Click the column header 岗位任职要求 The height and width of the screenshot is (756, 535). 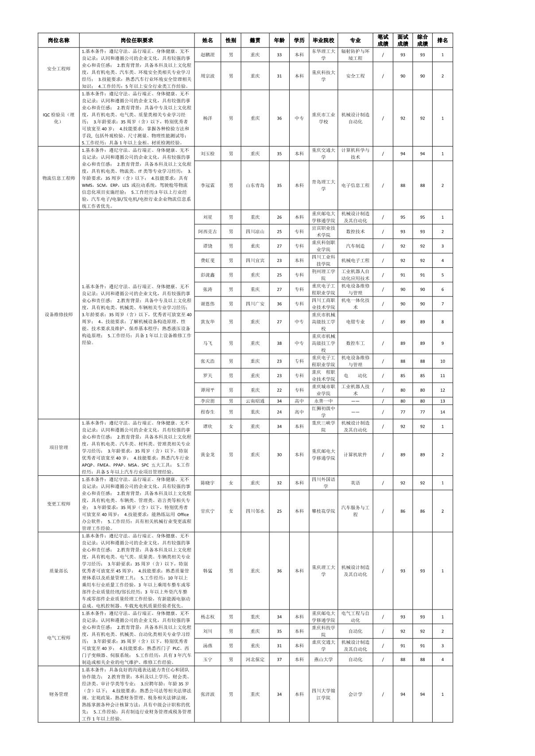[137, 40]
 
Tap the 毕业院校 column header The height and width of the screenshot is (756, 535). [323, 40]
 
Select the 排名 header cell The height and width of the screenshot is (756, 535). [442, 40]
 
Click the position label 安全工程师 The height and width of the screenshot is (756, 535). [58, 69]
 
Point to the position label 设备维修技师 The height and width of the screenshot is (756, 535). [58, 315]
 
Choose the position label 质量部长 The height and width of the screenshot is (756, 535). [58, 571]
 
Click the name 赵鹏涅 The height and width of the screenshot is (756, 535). [207, 55]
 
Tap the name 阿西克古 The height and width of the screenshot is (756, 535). [207, 231]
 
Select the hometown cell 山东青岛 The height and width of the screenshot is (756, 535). [255, 185]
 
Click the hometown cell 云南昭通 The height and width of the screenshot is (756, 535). [255, 401]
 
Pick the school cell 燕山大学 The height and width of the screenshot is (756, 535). [323, 660]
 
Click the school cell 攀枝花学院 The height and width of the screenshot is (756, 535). [323, 511]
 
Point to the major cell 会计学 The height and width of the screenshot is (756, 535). [355, 694]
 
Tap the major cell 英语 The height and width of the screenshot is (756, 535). [355, 483]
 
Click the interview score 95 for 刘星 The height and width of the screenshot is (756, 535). [403, 217]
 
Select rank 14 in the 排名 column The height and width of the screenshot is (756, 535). [442, 412]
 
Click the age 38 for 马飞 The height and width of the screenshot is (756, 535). [279, 343]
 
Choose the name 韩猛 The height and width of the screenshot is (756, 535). [207, 571]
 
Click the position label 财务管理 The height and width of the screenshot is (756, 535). [58, 694]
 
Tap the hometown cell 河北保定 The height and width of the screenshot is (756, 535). [255, 660]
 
